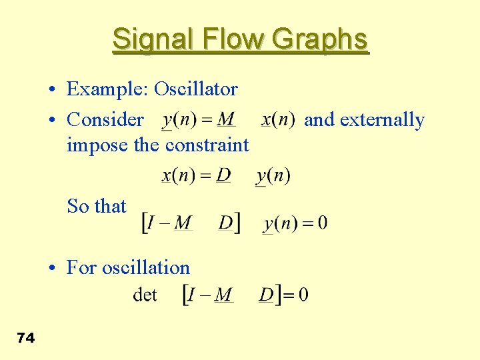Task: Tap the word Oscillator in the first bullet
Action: (x=196, y=89)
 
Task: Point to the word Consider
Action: (x=105, y=119)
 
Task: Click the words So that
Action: (x=97, y=206)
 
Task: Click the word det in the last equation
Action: (x=145, y=294)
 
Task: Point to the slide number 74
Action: (x=25, y=338)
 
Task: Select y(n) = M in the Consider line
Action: (x=199, y=120)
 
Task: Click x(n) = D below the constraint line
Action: (x=196, y=176)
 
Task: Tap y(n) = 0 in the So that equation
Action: (x=295, y=223)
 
